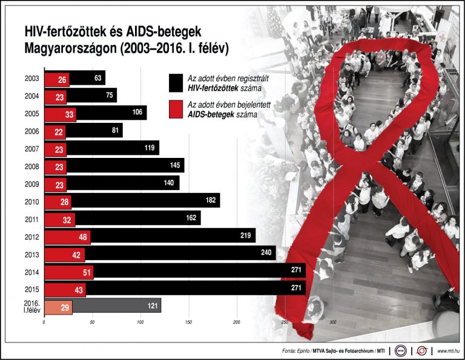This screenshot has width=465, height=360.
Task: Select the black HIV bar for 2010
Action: pos(145,200)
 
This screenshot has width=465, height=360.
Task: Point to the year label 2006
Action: pos(32,131)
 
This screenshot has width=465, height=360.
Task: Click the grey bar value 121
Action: pos(152,306)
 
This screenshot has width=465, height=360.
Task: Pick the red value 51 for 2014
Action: pos(87,273)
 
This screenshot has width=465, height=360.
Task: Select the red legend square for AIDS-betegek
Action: pos(176,109)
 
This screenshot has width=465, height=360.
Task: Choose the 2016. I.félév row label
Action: pos(31,306)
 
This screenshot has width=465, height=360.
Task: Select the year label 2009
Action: pos(32,183)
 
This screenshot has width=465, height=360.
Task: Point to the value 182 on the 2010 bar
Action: pos(210,200)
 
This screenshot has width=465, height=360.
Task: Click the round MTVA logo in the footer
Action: pos(400,350)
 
